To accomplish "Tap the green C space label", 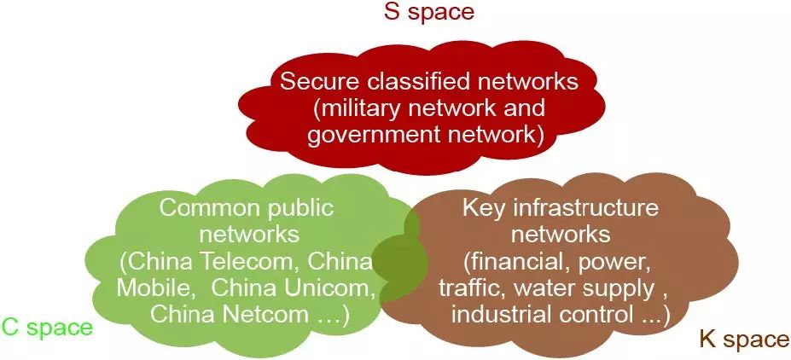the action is [46, 327].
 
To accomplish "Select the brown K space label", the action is [743, 340].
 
